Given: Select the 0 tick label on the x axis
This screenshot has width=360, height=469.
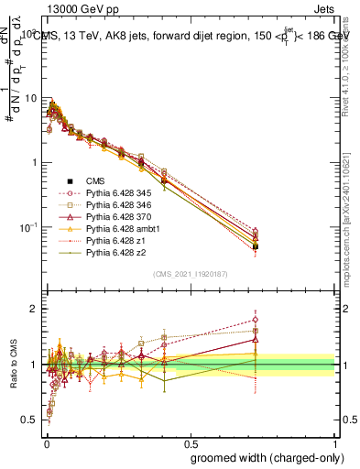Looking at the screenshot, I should coord(46,441).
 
